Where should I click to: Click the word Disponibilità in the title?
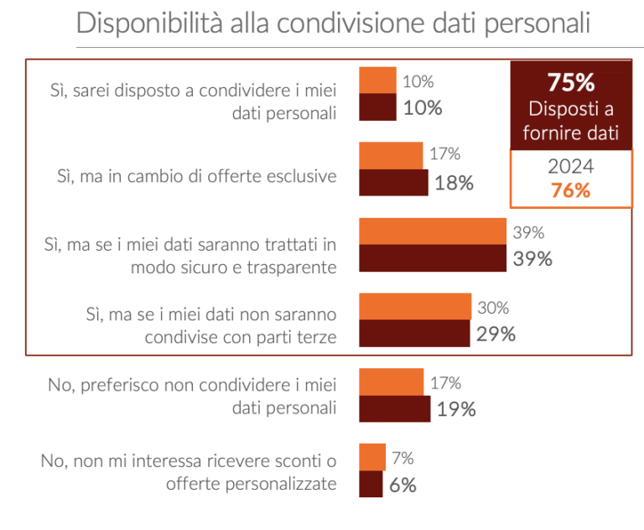click(143, 23)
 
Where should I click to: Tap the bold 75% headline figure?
click(570, 83)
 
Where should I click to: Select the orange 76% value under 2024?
click(570, 190)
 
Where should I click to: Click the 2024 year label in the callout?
click(570, 166)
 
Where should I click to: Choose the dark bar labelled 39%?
click(433, 258)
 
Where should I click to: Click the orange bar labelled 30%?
click(415, 306)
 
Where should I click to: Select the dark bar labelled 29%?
click(414, 333)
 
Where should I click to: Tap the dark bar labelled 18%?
click(393, 182)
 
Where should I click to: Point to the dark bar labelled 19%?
click(394, 408)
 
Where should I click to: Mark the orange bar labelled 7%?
click(372, 457)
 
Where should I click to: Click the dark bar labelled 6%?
click(371, 484)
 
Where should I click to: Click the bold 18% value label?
click(454, 183)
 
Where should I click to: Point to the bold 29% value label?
click(495, 334)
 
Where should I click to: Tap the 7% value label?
click(402, 458)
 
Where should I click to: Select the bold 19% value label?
click(456, 409)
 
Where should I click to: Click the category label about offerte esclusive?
click(196, 176)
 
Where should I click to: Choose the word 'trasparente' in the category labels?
click(294, 268)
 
